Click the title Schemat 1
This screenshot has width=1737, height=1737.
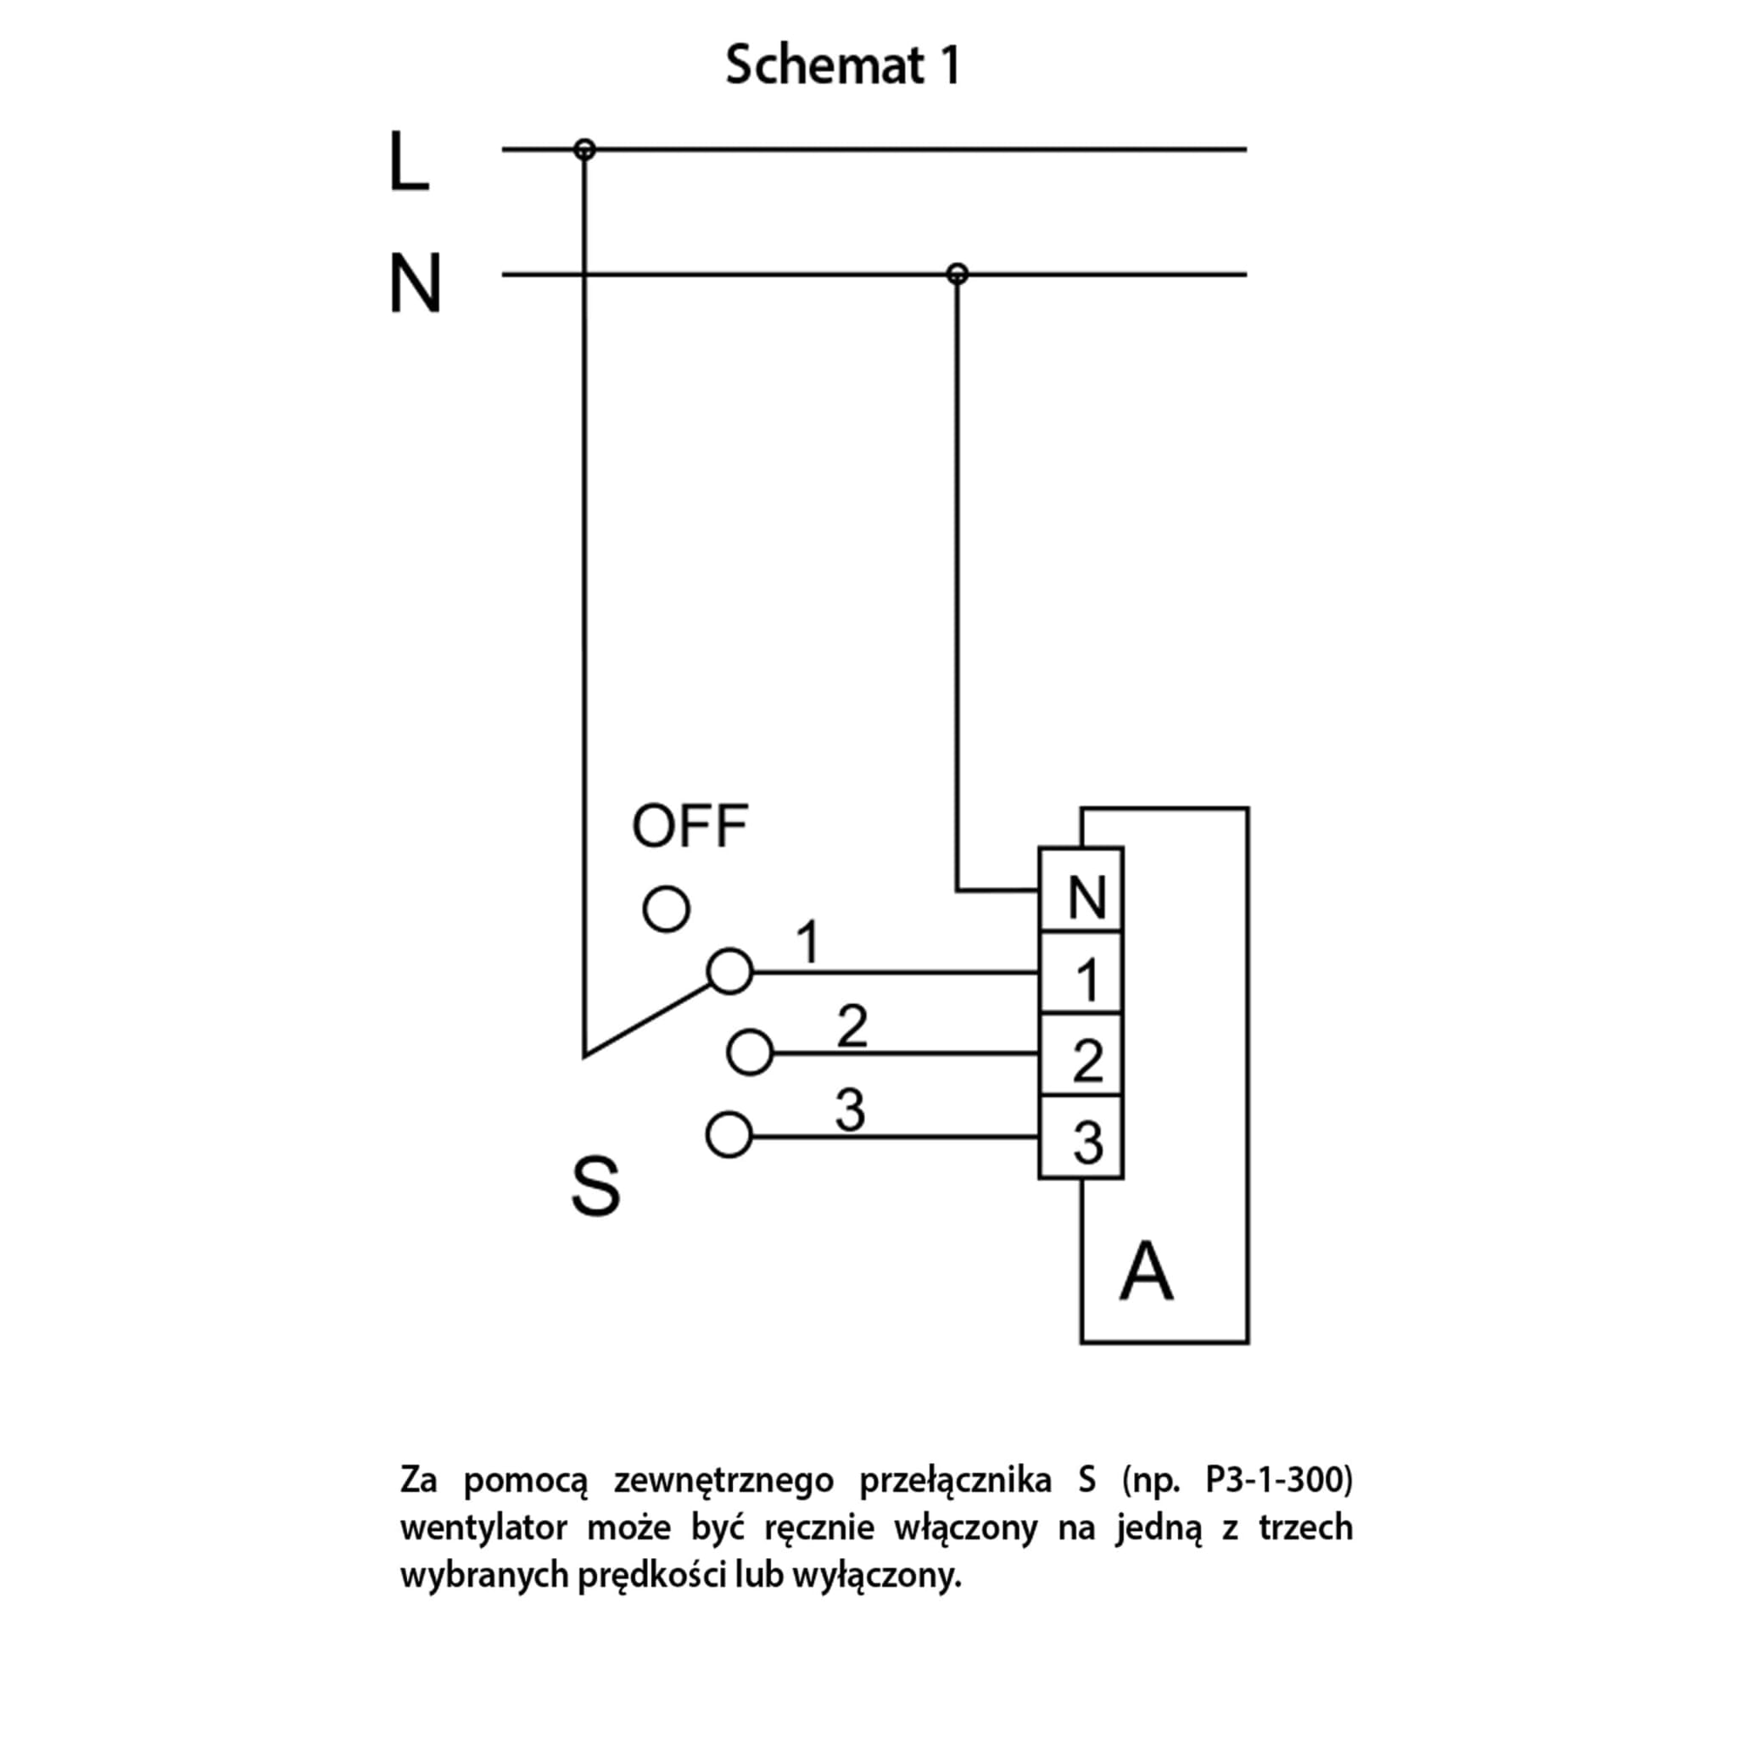(x=842, y=65)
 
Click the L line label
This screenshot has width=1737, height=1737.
(x=408, y=162)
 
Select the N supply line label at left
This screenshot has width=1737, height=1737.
(x=415, y=284)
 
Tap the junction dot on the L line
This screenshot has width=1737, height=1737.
(x=584, y=149)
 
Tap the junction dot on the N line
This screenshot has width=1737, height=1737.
(x=958, y=273)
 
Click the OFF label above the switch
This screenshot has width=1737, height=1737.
(x=690, y=826)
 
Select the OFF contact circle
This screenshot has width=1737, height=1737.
(x=666, y=909)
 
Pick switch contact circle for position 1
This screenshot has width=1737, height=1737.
(x=729, y=972)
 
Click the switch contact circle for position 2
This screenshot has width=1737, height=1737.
(x=750, y=1052)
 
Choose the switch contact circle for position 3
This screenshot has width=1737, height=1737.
(x=729, y=1136)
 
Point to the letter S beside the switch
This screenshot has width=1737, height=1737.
(x=595, y=1187)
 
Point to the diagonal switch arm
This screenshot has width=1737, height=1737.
(x=647, y=1020)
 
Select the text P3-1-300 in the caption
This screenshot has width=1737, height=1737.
(x=1277, y=1479)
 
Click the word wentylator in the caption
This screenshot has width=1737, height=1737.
(x=483, y=1528)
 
